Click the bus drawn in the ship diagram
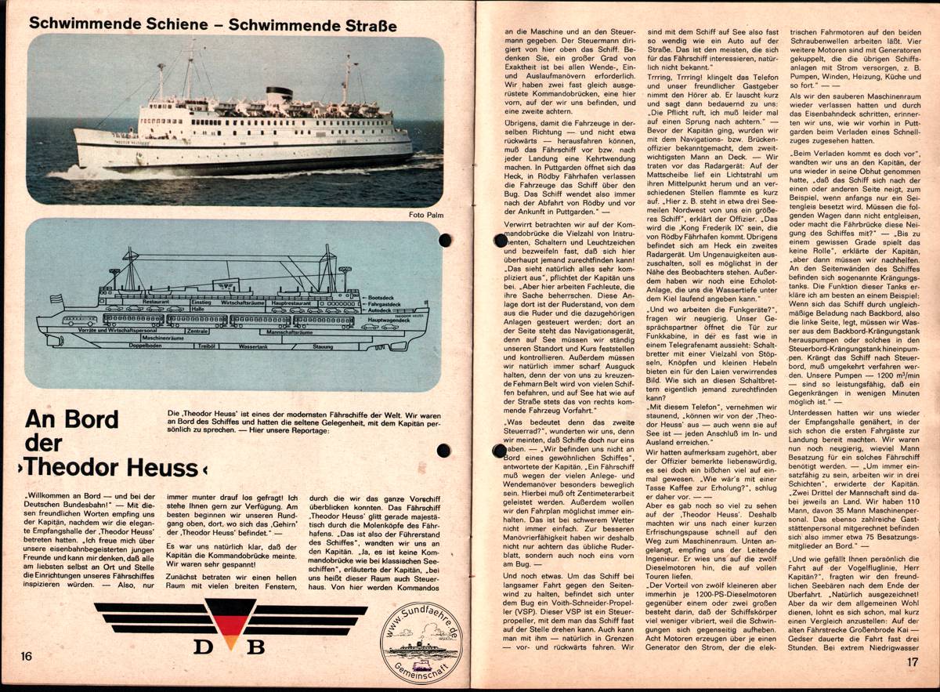coord(81,321)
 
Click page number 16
coord(26,655)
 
